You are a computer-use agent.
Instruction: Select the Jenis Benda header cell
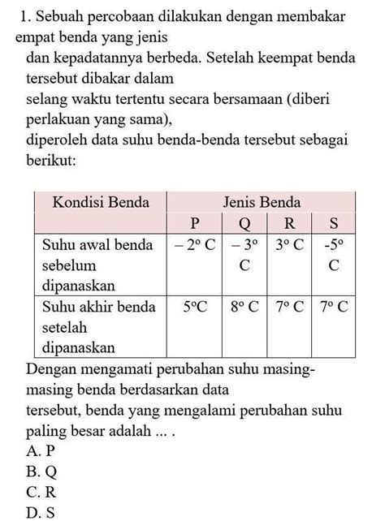[x=262, y=201]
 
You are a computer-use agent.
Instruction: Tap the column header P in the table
[x=194, y=222]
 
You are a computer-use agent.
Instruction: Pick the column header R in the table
[x=290, y=222]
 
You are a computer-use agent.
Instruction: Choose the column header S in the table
[x=334, y=222]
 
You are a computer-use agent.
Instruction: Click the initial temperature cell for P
[x=194, y=243]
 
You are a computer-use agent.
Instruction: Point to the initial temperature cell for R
[x=290, y=243]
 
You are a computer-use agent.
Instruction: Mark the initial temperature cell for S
[x=334, y=253]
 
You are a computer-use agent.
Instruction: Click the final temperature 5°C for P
[x=194, y=307]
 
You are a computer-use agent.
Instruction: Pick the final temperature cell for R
[x=290, y=307]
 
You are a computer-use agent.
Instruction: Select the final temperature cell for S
[x=334, y=307]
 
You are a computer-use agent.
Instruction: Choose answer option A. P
[x=41, y=450]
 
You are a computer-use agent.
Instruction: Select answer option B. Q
[x=41, y=471]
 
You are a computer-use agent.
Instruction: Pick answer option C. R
[x=41, y=492]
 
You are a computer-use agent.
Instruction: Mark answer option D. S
[x=41, y=511]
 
